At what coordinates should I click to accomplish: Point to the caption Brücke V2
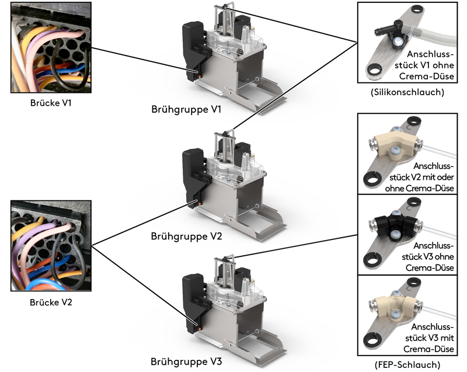pyautogui.click(x=50, y=303)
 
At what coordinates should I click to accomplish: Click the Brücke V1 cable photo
pyautogui.click(x=50, y=48)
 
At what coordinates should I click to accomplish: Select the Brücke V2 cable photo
pyautogui.click(x=50, y=246)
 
